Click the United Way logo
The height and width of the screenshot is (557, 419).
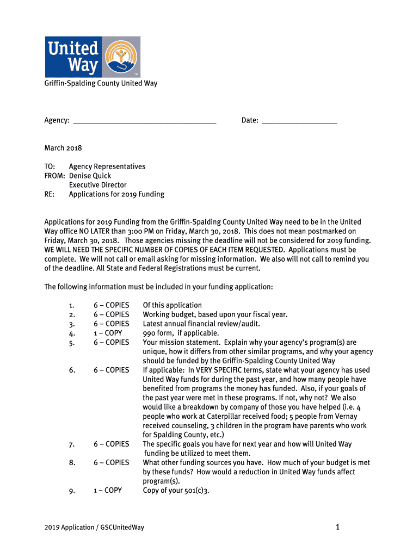point(92,57)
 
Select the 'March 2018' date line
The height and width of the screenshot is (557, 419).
point(63,148)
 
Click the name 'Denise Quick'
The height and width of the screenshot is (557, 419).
point(90,176)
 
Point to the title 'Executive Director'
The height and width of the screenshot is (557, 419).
point(97,185)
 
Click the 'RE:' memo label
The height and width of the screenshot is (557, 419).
point(50,194)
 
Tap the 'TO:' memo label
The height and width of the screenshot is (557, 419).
point(50,166)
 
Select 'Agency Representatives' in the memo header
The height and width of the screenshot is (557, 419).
point(107,166)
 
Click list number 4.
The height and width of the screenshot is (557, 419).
point(72,333)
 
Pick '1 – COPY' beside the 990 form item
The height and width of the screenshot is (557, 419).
point(108,333)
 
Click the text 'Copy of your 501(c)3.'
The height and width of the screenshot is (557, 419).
point(176,490)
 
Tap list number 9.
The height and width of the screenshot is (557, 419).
point(72,491)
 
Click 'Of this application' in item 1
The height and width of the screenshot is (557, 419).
point(172,305)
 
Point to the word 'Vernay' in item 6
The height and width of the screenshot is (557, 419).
point(346,416)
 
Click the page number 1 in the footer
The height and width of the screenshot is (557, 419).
point(337,527)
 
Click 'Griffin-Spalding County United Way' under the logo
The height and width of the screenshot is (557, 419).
point(101,83)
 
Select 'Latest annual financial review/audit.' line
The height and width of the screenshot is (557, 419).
point(201,324)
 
